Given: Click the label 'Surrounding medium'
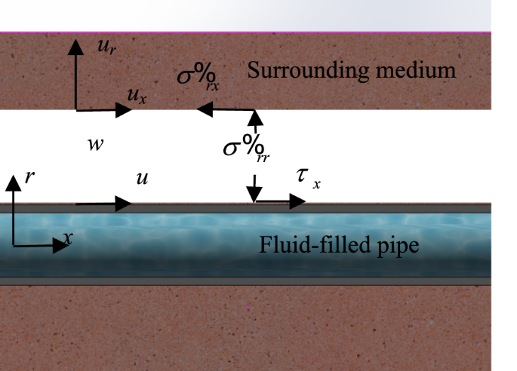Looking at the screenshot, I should point(352,72).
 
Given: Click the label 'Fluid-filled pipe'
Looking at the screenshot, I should point(339,245).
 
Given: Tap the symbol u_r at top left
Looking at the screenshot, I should point(105,47).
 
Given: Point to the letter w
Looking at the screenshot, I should point(95,144).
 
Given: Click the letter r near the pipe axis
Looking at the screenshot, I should point(29,177).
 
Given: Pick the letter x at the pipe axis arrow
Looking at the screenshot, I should point(69,238).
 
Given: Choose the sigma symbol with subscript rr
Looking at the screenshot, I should point(246,146).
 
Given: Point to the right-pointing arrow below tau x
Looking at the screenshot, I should point(281,201).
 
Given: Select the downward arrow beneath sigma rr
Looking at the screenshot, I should point(255,188).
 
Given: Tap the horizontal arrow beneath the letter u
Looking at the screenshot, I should point(103,203).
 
